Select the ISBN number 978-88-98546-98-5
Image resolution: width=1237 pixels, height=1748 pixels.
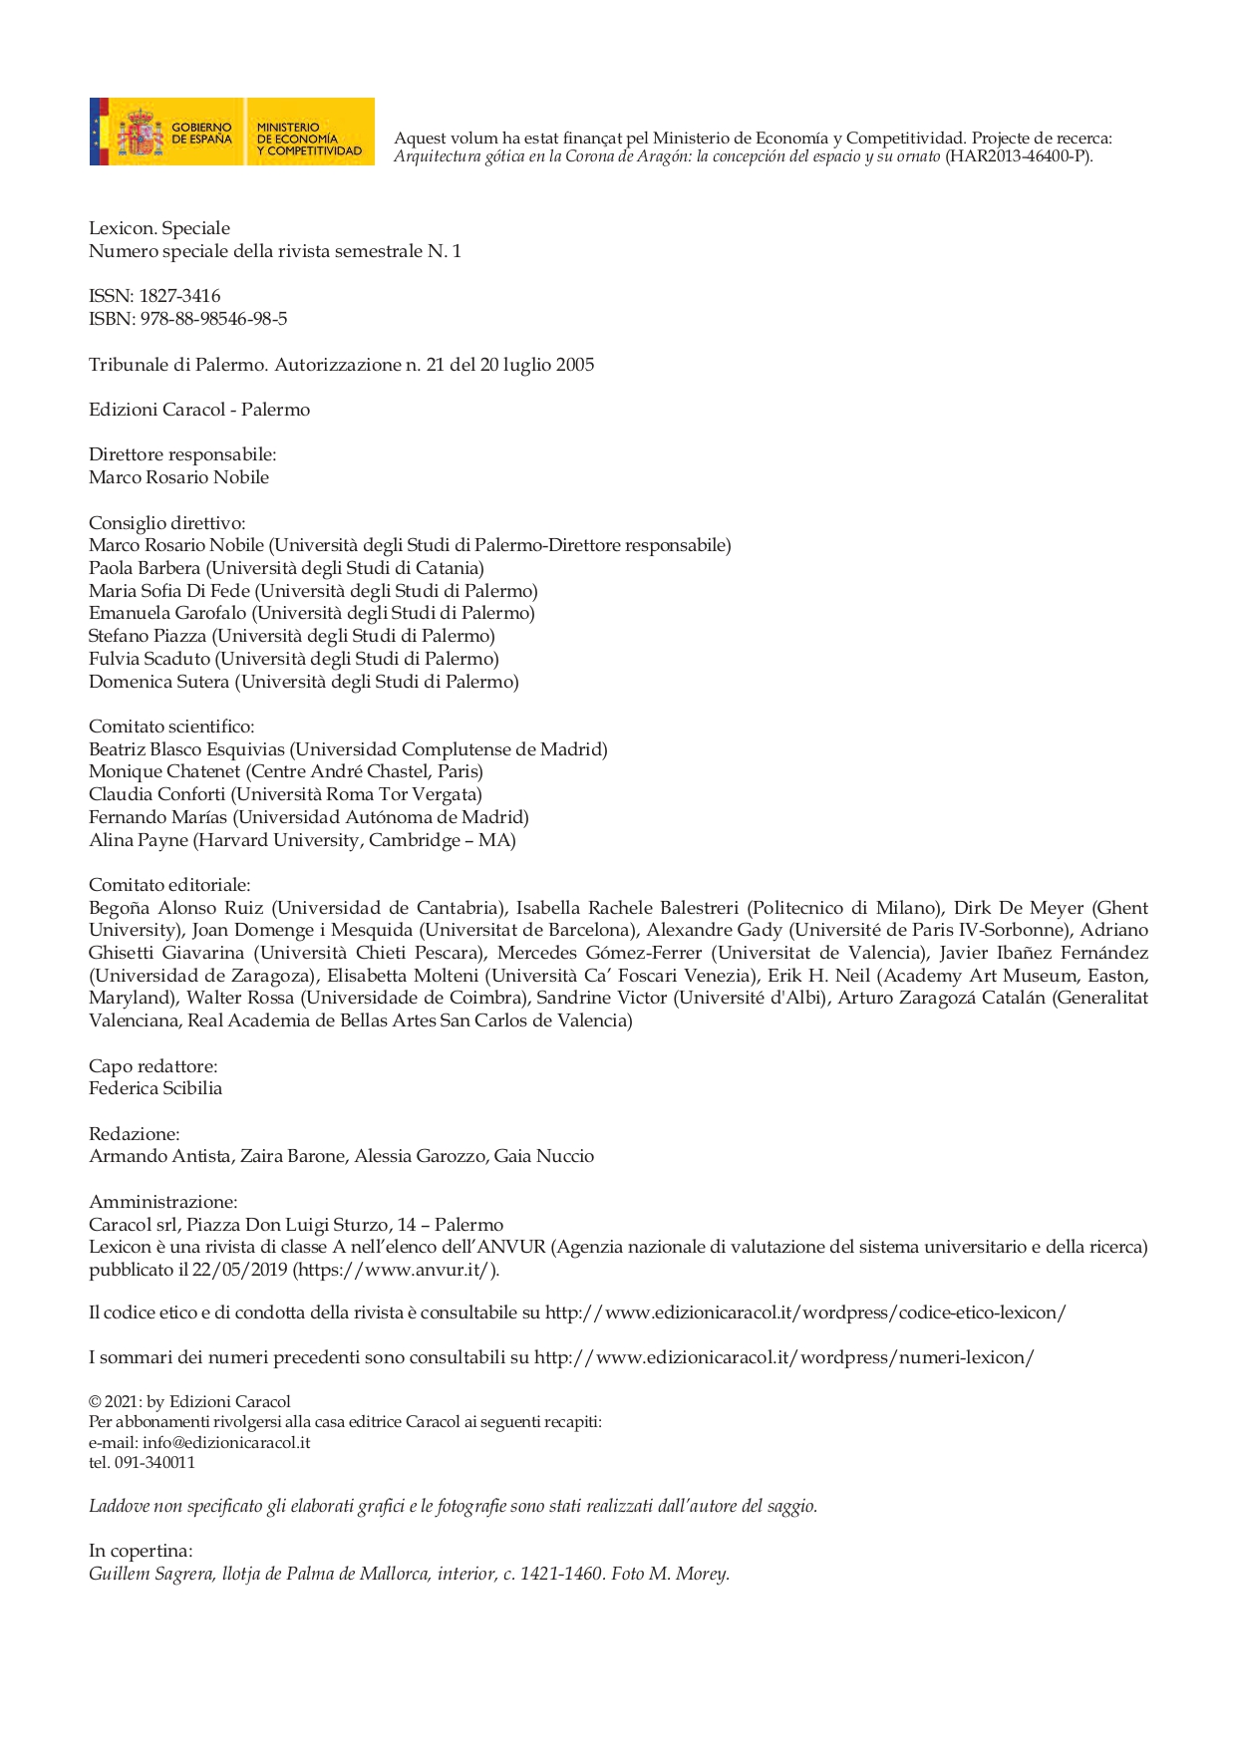(220, 319)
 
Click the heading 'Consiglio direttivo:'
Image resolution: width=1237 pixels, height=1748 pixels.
(166, 522)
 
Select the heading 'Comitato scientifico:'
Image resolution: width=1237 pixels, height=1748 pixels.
(171, 727)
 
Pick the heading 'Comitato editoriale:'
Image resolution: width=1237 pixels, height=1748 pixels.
(169, 885)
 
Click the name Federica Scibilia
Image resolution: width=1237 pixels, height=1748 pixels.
(155, 1088)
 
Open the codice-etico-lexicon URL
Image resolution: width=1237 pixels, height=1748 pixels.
(805, 1312)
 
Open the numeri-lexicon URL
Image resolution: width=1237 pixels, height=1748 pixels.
(783, 1357)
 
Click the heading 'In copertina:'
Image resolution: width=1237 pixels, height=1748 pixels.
(141, 1551)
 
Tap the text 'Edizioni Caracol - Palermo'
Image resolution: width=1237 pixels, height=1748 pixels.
(199, 410)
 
